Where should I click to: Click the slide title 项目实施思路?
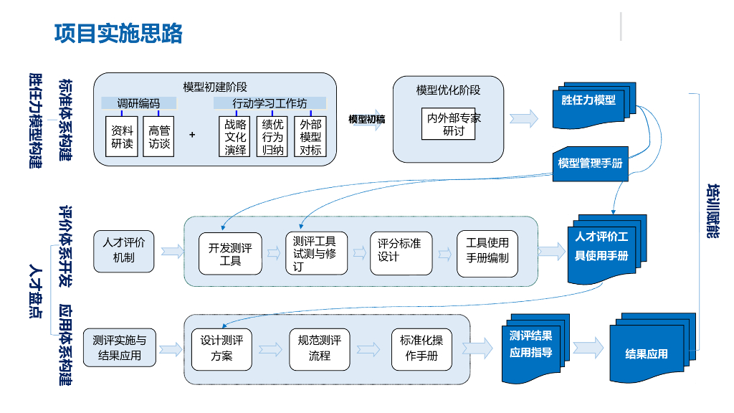pos(118,34)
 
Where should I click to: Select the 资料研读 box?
pos(122,137)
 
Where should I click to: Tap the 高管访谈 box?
pos(158,137)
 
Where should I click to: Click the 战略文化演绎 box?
pos(235,137)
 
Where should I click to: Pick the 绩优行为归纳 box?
pos(273,137)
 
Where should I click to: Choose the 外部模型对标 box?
pos(310,137)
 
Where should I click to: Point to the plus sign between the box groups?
pos(192,135)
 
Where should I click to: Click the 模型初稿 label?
pos(366,119)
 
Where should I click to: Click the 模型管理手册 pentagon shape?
pos(590,163)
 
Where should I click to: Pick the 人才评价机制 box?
pos(123,250)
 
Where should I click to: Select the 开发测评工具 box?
pos(230,254)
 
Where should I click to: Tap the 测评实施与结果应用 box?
pos(119,348)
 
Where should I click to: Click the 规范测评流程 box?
pos(319,348)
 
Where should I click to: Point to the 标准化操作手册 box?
pos(421,348)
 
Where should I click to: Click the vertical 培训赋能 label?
pos(712,212)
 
